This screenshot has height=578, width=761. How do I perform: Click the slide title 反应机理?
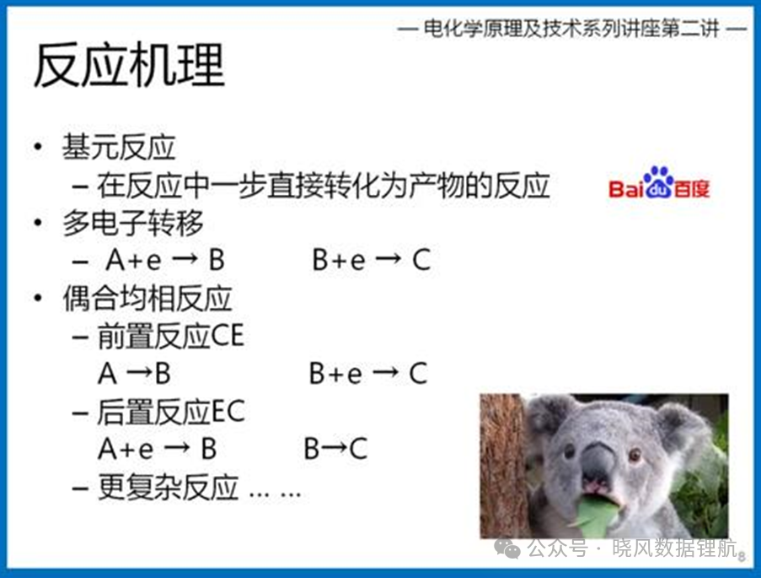click(129, 65)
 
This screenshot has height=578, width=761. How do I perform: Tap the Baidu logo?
click(658, 184)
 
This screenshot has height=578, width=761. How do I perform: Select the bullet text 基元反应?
click(119, 147)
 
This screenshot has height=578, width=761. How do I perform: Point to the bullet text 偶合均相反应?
click(147, 298)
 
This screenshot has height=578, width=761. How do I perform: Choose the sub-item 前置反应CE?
click(170, 336)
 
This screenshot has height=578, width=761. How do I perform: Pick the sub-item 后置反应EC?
click(171, 413)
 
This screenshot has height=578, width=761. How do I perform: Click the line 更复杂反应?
click(168, 487)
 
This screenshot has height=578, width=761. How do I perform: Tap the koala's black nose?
click(598, 462)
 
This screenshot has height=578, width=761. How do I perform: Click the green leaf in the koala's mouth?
click(596, 516)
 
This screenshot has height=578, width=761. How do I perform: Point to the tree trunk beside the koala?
click(503, 465)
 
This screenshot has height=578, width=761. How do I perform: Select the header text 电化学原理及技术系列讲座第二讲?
click(571, 29)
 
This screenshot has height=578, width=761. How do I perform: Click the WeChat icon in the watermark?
click(507, 548)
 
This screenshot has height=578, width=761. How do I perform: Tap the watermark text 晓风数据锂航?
click(674, 548)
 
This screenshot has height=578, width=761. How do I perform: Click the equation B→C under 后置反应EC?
click(335, 449)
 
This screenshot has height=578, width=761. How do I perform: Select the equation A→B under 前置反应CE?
click(135, 374)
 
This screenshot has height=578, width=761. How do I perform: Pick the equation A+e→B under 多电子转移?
click(165, 260)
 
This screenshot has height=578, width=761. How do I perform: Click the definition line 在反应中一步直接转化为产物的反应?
click(324, 186)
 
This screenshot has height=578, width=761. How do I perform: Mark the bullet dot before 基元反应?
click(38, 146)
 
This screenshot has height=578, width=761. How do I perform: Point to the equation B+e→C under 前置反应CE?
click(368, 374)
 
